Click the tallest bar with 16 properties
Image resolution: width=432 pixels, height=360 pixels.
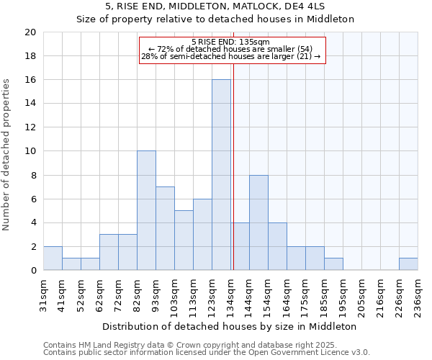[221, 175]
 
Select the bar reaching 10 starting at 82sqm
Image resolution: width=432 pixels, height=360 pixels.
[146, 211]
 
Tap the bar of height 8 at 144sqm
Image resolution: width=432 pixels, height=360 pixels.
[258, 222]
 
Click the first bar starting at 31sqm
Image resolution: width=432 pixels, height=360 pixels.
[53, 258]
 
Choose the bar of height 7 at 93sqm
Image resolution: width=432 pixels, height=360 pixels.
[165, 228]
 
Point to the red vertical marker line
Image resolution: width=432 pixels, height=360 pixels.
[233, 166]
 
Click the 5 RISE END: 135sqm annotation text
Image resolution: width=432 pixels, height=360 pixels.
[231, 42]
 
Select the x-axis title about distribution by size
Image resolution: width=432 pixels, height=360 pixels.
[230, 326]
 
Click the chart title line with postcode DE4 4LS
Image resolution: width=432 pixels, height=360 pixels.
[215, 6]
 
